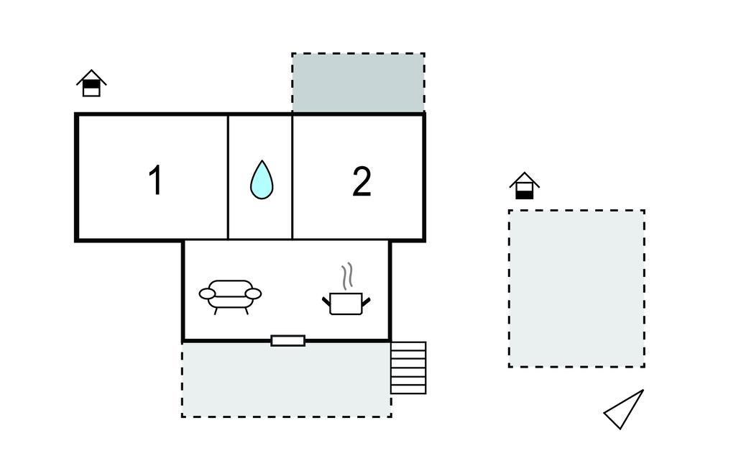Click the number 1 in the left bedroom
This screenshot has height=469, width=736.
(155, 181)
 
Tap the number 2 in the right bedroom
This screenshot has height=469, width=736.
(362, 181)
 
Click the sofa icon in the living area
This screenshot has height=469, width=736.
(230, 295)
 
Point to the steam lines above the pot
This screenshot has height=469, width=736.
(347, 276)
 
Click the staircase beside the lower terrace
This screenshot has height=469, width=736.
(408, 368)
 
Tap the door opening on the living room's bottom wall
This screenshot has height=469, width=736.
(287, 340)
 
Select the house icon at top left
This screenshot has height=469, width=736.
(91, 83)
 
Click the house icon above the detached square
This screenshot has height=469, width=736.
(525, 186)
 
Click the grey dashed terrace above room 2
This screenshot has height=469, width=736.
(358, 83)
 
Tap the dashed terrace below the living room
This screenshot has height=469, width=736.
(286, 380)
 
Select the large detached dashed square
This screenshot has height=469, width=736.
(576, 288)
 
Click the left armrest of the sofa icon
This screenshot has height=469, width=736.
(208, 293)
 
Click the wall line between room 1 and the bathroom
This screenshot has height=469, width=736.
(228, 177)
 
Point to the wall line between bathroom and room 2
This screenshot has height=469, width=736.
(293, 177)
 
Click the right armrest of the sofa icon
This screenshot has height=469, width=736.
(253, 293)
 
